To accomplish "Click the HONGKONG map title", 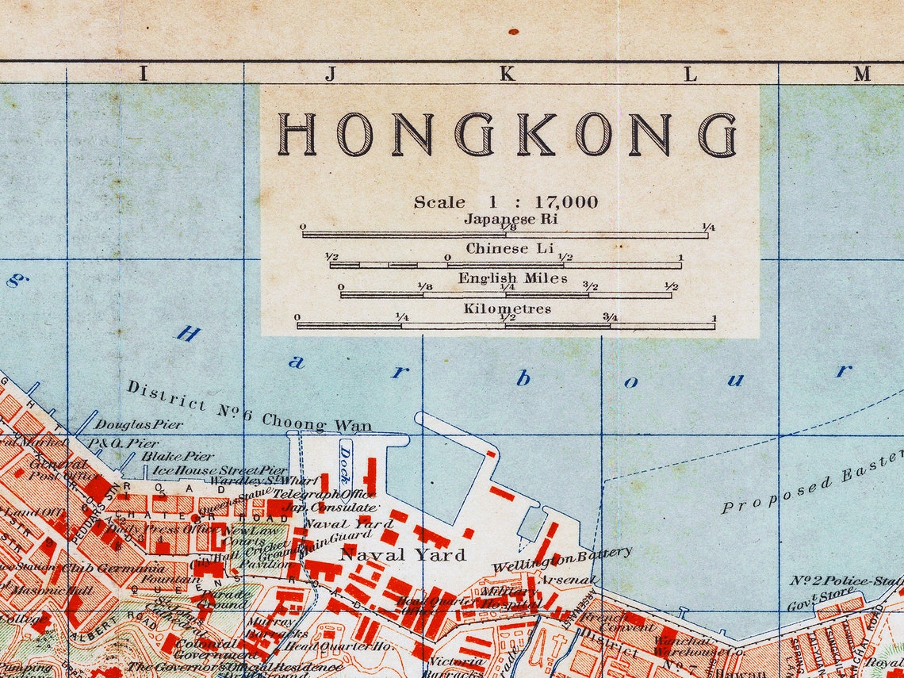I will tap(507, 134).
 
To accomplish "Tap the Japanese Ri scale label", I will tap(511, 219).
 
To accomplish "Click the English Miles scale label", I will tap(511, 278).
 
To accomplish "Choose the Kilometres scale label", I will tap(507, 308).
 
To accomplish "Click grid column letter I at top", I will tap(144, 75).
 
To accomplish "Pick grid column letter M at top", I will tap(862, 75).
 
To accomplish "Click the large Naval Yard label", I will tap(402, 554).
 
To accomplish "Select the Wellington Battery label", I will tap(561, 559).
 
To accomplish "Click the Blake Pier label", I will tap(178, 456).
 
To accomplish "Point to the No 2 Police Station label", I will tap(845, 580).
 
